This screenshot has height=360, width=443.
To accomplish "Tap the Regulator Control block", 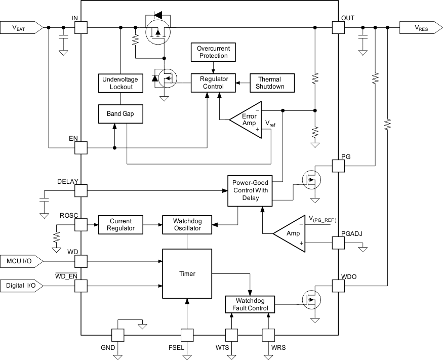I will pyautogui.click(x=214, y=83).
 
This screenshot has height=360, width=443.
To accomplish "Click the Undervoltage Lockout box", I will pyautogui.click(x=120, y=83).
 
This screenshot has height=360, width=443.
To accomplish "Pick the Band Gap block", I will pyautogui.click(x=120, y=114).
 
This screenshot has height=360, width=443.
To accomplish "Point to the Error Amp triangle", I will pyautogui.click(x=245, y=120).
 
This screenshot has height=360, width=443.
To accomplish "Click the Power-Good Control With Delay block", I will pyautogui.click(x=250, y=191).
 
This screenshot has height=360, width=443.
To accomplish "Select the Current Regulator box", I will pyautogui.click(x=120, y=225).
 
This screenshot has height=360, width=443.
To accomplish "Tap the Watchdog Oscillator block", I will pyautogui.click(x=187, y=225).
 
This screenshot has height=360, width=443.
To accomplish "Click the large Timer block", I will pyautogui.click(x=187, y=273).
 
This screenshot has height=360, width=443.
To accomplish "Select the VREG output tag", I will pyautogui.click(x=420, y=28).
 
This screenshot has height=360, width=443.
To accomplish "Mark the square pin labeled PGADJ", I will pyautogui.click(x=338, y=243).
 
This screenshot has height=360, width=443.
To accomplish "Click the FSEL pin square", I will pyautogui.click(x=187, y=335).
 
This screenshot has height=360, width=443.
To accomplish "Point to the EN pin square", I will pyautogui.click(x=81, y=148).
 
